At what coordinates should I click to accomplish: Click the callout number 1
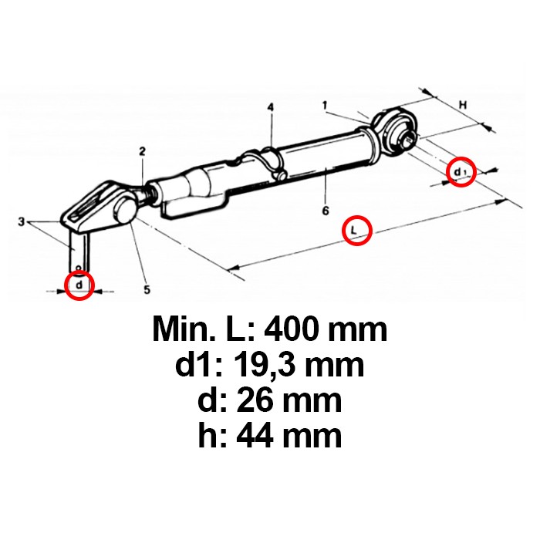326,103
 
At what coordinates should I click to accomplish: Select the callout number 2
143,151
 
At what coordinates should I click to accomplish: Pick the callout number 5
147,289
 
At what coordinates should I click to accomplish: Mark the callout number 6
326,209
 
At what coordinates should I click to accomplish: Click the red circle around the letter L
356,230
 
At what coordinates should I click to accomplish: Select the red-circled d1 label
461,170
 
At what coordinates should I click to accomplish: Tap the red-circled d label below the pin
79,285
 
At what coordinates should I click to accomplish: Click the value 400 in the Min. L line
292,331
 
